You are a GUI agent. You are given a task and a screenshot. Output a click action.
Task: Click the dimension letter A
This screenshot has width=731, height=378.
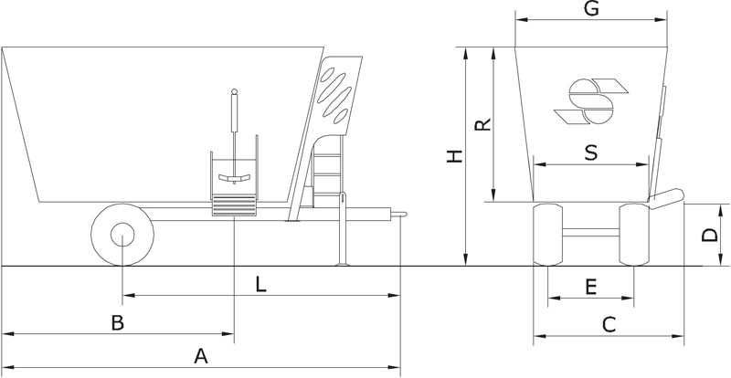201,356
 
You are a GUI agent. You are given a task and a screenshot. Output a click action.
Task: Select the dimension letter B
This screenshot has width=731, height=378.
118,322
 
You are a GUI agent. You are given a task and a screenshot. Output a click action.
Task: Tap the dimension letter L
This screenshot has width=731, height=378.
261,284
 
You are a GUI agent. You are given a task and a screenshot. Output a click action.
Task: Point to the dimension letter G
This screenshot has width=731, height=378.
591,8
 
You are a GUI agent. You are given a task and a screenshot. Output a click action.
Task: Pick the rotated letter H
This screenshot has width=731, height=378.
454,156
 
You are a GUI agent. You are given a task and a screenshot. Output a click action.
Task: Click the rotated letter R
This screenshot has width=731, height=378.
483,124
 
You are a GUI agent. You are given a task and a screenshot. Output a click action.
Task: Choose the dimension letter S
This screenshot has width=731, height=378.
590,152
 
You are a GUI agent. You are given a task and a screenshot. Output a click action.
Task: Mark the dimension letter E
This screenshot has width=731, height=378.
590,287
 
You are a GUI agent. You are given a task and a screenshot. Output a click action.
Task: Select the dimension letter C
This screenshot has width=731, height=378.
609,324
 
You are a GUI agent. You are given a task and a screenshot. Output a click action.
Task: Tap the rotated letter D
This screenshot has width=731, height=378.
710,235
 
